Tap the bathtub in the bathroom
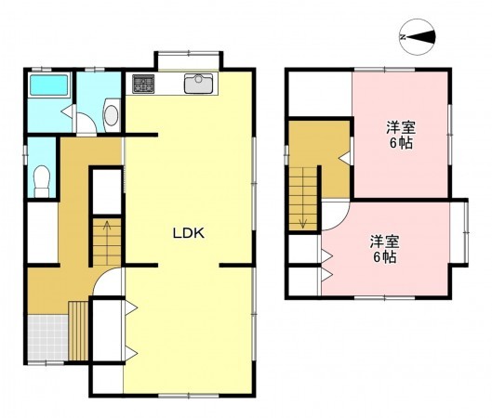(49, 86)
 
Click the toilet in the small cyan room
(41, 178)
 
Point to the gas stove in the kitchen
(142, 85)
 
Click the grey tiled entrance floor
(46, 338)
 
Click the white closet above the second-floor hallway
(319, 94)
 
